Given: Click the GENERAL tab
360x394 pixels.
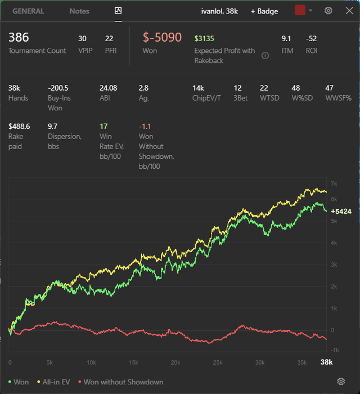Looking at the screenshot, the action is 28,11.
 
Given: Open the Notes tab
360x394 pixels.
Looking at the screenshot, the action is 79,11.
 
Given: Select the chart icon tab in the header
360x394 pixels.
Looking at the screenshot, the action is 118,11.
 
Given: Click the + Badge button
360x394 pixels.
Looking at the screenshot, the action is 264,11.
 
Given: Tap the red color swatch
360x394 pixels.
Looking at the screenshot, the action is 300,10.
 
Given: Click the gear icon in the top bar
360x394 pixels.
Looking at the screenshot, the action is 328,11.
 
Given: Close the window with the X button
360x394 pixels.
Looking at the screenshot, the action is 349,11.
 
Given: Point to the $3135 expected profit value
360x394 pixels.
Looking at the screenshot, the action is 204,38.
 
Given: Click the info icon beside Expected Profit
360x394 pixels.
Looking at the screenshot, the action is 265,56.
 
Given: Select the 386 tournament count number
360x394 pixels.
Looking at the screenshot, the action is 19,38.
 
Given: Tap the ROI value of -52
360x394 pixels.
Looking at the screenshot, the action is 311,38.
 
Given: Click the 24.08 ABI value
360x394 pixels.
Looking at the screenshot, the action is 108,88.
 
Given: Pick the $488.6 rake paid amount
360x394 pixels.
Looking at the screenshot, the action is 19,126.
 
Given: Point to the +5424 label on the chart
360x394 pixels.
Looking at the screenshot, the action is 341,211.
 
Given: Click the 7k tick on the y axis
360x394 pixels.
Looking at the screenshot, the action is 334,183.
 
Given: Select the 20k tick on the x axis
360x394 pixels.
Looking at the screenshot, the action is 175,362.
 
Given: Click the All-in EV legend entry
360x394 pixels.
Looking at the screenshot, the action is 54,382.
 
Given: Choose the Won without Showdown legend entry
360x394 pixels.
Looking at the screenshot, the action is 121,382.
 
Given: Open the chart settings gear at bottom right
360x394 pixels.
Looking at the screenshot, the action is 341,381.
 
